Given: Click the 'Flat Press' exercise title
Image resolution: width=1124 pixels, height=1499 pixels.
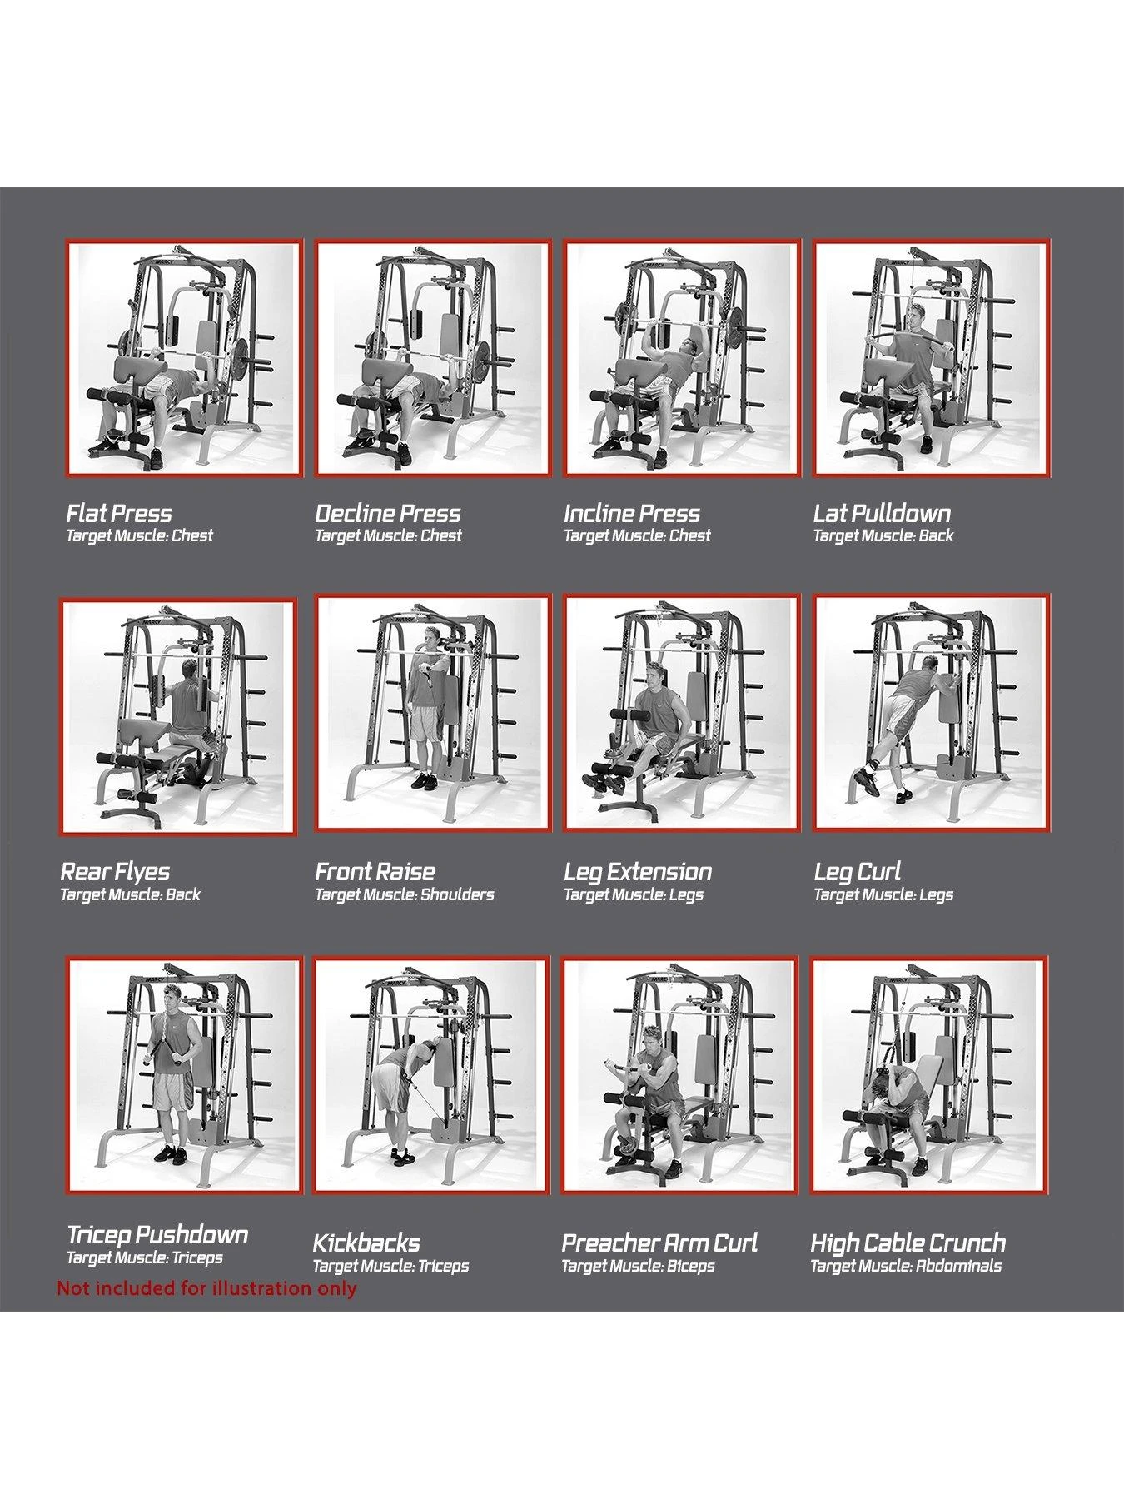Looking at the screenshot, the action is (x=119, y=513).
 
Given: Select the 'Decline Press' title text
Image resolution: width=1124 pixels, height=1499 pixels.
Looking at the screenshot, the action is (x=388, y=513).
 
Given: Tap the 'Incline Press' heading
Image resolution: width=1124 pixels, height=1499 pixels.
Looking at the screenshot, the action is (x=632, y=513).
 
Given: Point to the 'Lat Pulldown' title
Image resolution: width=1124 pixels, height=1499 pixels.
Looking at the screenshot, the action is (x=882, y=513).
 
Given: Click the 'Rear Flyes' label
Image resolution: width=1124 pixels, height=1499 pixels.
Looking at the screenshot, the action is (x=115, y=872).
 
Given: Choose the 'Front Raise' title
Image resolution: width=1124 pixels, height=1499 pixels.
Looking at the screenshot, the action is (x=375, y=872).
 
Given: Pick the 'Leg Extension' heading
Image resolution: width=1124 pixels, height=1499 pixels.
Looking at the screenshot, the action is (x=638, y=872).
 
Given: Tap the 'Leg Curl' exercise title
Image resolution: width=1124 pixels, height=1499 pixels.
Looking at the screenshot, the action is (x=858, y=872).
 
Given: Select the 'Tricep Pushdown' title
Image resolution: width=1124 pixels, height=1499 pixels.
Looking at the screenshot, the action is (x=157, y=1235).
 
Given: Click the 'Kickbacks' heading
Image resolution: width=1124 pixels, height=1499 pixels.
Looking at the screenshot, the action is (x=366, y=1243).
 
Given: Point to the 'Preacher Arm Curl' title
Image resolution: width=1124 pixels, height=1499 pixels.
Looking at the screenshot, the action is (x=659, y=1243).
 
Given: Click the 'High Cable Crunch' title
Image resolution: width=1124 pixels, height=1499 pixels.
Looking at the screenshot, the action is (x=908, y=1243).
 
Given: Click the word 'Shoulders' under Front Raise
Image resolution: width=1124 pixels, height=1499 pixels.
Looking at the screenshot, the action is (x=457, y=895).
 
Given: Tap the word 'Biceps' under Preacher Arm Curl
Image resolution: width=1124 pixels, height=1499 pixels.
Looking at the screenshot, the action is (x=691, y=1267).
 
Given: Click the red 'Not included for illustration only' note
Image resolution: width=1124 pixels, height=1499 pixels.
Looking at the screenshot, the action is (x=206, y=1288).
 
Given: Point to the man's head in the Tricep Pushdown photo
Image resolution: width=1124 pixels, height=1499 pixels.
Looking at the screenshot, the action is (x=172, y=997).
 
